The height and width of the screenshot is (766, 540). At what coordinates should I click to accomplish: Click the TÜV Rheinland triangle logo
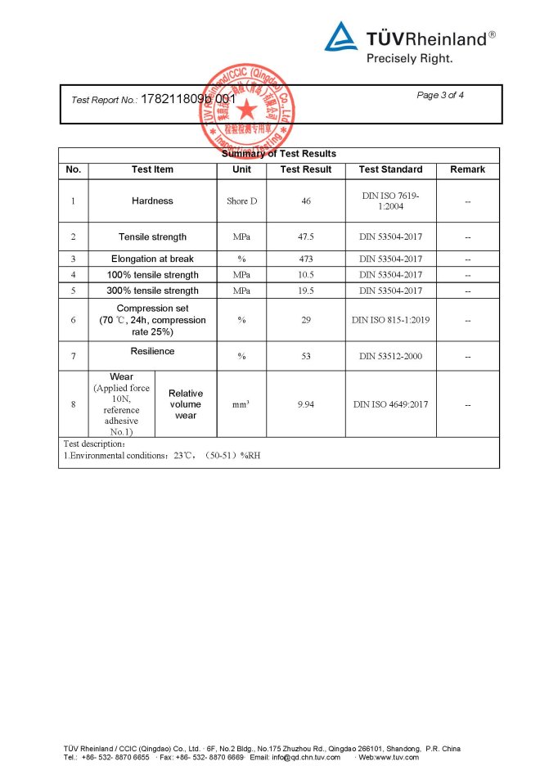(341, 37)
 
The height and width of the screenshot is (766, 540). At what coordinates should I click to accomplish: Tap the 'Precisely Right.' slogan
(409, 58)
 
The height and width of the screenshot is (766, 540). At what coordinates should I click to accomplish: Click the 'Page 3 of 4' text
(440, 95)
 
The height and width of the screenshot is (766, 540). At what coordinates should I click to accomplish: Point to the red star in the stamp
(245, 108)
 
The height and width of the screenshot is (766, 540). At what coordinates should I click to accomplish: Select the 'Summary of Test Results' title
(279, 154)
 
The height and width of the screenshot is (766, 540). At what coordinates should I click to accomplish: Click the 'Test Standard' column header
(390, 169)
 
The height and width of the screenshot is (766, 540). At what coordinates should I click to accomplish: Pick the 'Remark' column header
(467, 169)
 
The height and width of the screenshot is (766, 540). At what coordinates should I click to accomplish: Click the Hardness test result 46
(306, 201)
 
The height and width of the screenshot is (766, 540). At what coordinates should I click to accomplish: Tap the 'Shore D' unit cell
(241, 201)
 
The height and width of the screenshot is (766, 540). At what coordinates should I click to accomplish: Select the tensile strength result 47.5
(306, 237)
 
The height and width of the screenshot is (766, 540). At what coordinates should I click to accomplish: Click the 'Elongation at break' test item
(152, 259)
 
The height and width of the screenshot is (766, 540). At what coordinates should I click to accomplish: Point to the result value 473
(306, 259)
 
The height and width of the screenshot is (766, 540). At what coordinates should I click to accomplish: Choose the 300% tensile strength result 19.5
(306, 291)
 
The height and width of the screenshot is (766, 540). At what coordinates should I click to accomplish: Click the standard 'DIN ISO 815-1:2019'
(390, 320)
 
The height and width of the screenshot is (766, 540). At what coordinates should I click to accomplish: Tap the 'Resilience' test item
(152, 351)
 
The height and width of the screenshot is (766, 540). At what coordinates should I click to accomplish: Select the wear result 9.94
(306, 404)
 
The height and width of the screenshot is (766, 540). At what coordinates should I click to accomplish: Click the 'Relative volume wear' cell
(186, 404)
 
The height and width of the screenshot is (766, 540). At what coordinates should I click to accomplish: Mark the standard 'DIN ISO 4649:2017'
(390, 404)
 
